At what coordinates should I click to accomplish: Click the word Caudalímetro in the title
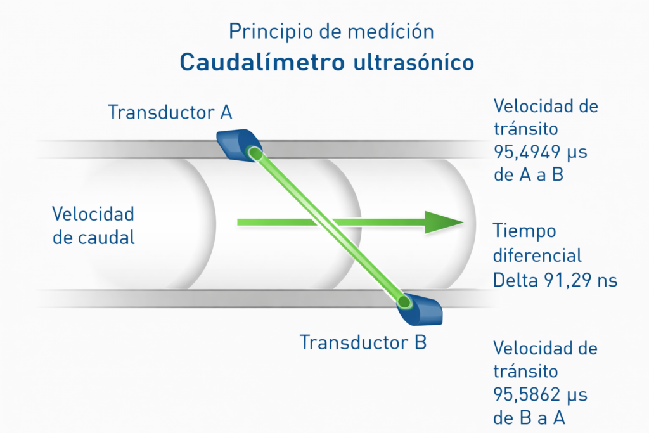click(x=262, y=62)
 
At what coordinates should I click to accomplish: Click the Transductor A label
click(x=170, y=112)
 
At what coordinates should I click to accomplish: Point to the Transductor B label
click(x=363, y=342)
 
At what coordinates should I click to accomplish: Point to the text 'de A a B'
click(x=528, y=175)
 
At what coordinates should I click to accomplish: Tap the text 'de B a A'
click(x=528, y=418)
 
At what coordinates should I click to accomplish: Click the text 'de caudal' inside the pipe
click(x=94, y=238)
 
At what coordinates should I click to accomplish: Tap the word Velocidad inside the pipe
click(x=93, y=214)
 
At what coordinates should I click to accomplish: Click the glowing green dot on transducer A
click(x=254, y=153)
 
